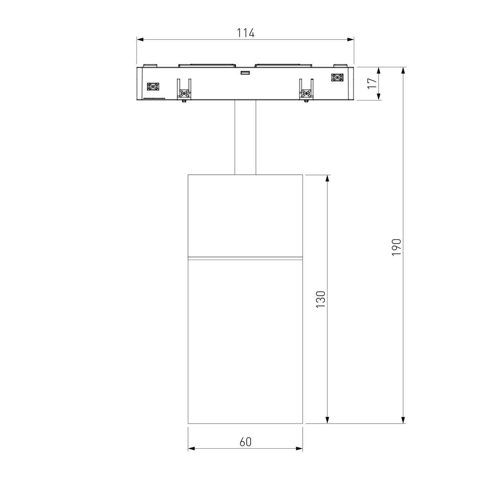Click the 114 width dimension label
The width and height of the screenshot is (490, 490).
pos(245,33)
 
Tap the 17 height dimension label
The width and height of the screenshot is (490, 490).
pos(372,83)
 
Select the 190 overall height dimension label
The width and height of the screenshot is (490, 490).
pos(396,247)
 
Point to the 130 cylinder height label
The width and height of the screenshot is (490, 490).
pos(321,299)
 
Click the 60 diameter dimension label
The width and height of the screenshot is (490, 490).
pos(245,442)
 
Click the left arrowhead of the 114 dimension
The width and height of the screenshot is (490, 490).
pos(140,40)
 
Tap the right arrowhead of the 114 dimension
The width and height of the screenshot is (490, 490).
pos(350,40)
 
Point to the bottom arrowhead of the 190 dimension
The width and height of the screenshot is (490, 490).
pos(403,420)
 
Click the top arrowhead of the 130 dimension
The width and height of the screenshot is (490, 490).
pos(327,178)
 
